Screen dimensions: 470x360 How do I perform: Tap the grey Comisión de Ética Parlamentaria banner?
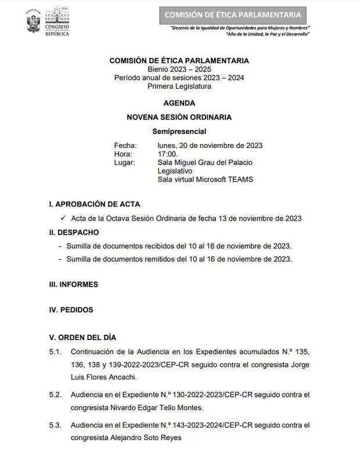pyautogui.click(x=233, y=15)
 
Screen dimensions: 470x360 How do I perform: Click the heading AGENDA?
pyautogui.click(x=179, y=103)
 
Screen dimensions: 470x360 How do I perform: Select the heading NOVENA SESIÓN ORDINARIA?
pyautogui.click(x=179, y=117)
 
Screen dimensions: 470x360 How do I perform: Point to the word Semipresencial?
pyautogui.click(x=179, y=131)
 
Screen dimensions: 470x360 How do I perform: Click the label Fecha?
pyautogui.click(x=125, y=145)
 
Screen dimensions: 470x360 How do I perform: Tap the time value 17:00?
pyautogui.click(x=168, y=154)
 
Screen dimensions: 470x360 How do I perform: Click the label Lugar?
pyautogui.click(x=125, y=162)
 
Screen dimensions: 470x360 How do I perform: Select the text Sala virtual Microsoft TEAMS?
pyautogui.click(x=205, y=179)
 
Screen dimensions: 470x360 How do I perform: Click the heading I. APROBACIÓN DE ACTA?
pyautogui.click(x=95, y=204)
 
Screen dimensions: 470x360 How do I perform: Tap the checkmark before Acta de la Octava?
pyautogui.click(x=63, y=218)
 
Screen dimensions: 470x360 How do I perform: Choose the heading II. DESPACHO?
pyautogui.click(x=74, y=232)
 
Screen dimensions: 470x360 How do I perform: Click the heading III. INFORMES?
pyautogui.click(x=74, y=284)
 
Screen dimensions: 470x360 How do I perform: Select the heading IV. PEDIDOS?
pyautogui.click(x=71, y=310)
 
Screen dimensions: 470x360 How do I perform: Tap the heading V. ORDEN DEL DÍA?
pyautogui.click(x=83, y=337)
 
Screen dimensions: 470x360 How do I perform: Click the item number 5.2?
pyautogui.click(x=56, y=395)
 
